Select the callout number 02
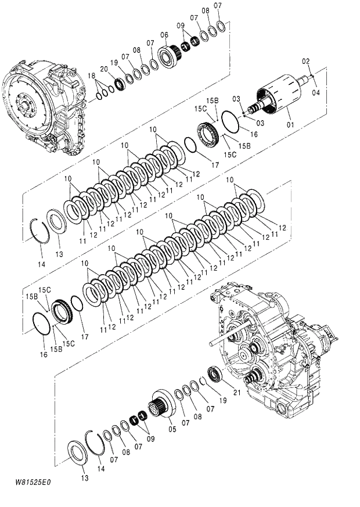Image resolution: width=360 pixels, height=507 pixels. pos(306,61)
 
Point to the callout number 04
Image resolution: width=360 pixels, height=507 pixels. pos(316,92)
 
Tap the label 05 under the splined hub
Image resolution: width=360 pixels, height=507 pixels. pos(172,429)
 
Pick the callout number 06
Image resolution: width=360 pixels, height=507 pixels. pos(164,35)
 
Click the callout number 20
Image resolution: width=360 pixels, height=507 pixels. pos(105,69)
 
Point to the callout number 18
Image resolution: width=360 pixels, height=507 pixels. pos(91,76)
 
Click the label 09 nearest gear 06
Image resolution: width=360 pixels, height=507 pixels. pos(180,26)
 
